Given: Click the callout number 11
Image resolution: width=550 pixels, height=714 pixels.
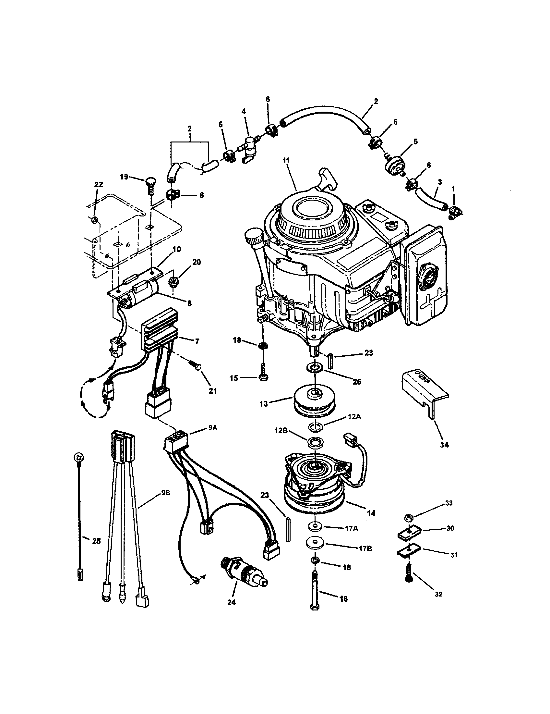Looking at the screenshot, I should (x=286, y=161).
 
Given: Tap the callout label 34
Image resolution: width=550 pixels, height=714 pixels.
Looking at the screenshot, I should (x=444, y=445).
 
